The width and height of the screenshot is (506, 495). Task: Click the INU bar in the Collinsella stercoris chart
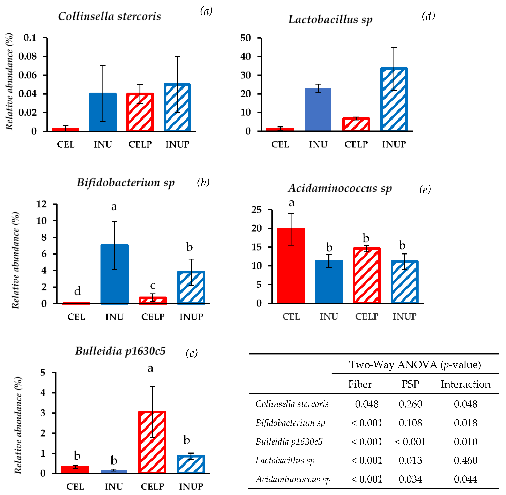point(103,112)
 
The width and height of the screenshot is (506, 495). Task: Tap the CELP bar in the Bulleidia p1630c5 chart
point(152,442)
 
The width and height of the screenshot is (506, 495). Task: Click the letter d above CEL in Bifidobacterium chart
point(77,291)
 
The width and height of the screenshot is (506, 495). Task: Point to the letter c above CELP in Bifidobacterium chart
point(153,285)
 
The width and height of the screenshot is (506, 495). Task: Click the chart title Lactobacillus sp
point(330,19)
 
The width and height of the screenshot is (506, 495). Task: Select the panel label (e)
point(425,189)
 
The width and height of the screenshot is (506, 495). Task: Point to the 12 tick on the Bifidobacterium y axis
point(41,204)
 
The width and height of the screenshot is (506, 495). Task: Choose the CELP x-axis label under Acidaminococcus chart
point(367,316)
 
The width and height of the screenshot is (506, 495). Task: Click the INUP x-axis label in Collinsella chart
point(177,144)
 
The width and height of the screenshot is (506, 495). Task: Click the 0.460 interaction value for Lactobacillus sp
point(465,460)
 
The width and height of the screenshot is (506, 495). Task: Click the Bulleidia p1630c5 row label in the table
point(289,442)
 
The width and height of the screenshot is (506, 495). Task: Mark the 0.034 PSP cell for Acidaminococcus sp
point(410,479)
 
